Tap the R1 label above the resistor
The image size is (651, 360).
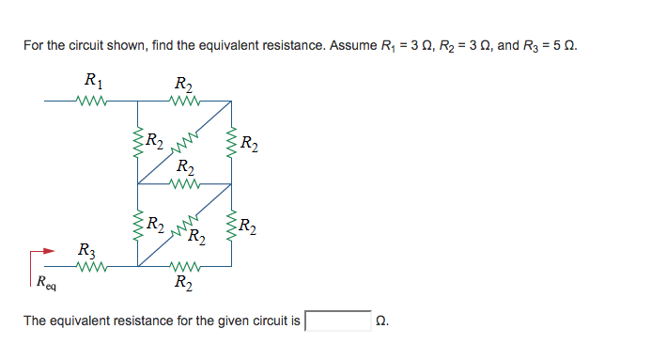pos(94,79)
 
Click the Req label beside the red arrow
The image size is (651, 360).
pos(45,281)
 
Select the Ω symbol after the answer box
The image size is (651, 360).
pos(380,321)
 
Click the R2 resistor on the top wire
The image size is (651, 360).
pos(184,99)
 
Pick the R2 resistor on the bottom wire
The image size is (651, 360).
pos(184,267)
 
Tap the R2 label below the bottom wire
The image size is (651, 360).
pos(185,282)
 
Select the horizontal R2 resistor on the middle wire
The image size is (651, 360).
pos(184,184)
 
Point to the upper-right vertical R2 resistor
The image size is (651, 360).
pos(231,141)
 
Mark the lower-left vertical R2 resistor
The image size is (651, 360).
pos(138,226)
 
